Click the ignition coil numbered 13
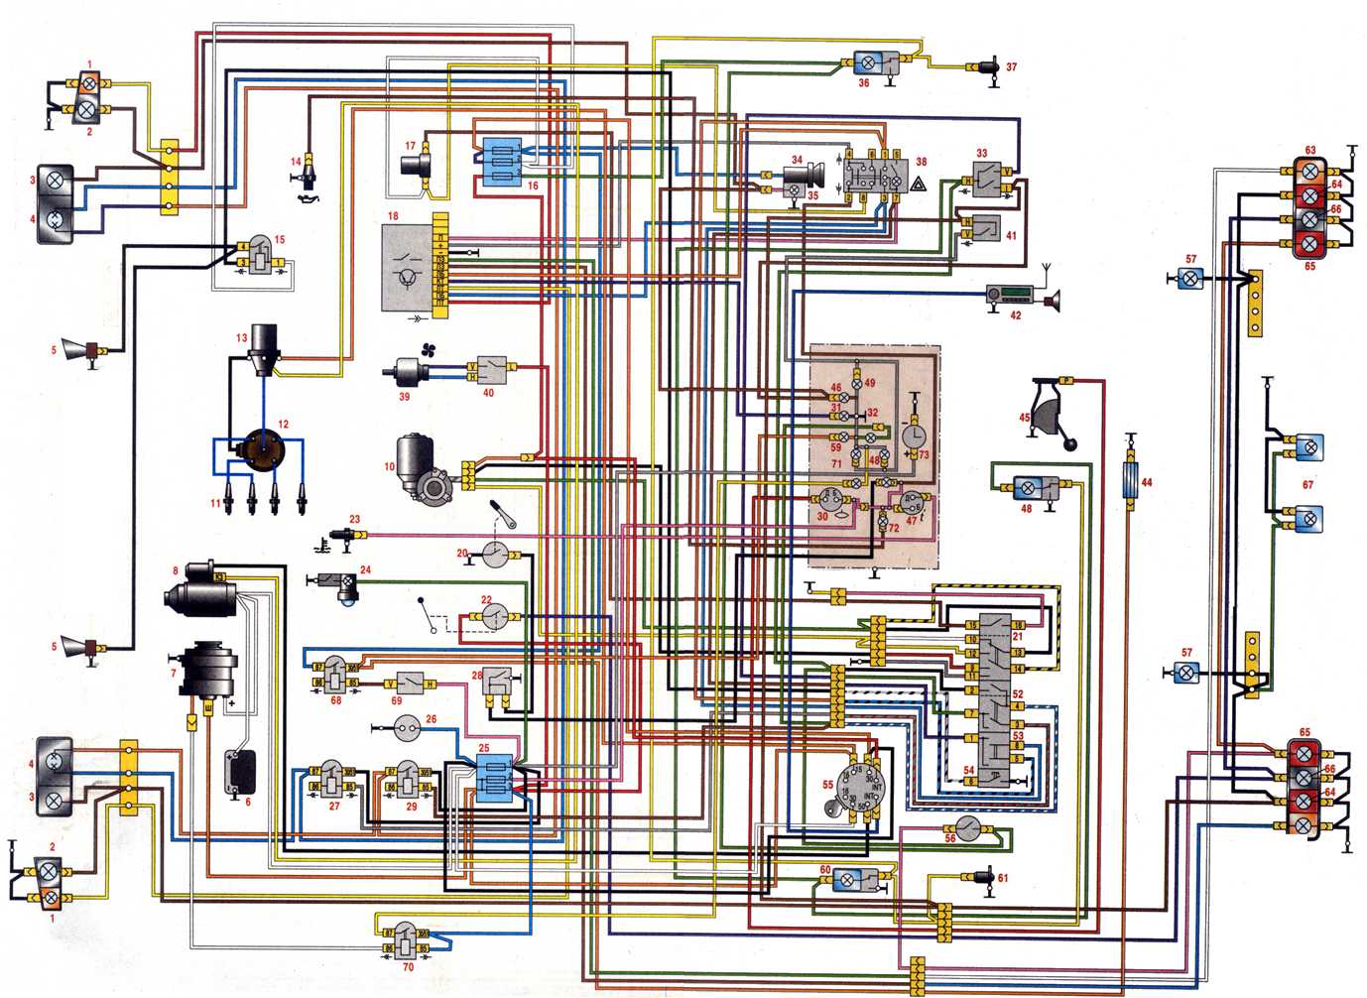click(265, 349)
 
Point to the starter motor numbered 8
click(202, 593)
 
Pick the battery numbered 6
click(241, 772)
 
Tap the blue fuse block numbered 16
click(504, 164)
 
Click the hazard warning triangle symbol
click(918, 184)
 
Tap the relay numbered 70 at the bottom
click(407, 937)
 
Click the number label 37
click(1011, 68)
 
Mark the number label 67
click(1307, 484)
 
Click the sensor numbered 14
click(308, 172)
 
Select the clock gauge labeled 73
click(914, 437)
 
